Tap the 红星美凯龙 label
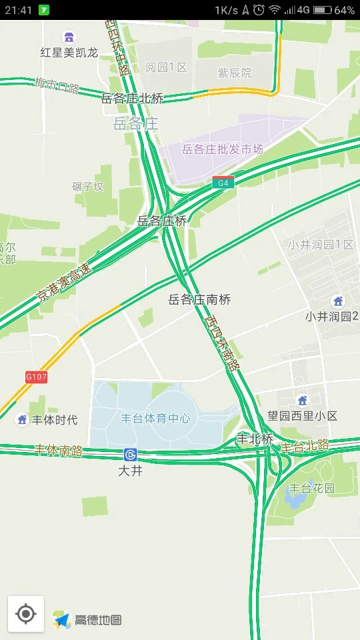click(69, 52)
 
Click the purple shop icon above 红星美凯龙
click(69, 37)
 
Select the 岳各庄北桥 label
click(132, 98)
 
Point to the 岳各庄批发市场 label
click(222, 149)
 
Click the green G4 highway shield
click(223, 182)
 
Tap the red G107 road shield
click(37, 377)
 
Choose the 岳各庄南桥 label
click(199, 300)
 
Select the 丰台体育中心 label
click(155, 419)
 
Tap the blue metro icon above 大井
click(130, 455)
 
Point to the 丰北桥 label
click(255, 439)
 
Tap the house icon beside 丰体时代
click(22, 419)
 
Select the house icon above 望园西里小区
click(303, 400)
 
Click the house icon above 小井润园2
click(338, 301)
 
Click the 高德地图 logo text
click(98, 619)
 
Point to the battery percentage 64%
click(344, 10)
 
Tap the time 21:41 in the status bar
click(18, 10)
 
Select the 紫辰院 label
click(235, 73)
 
